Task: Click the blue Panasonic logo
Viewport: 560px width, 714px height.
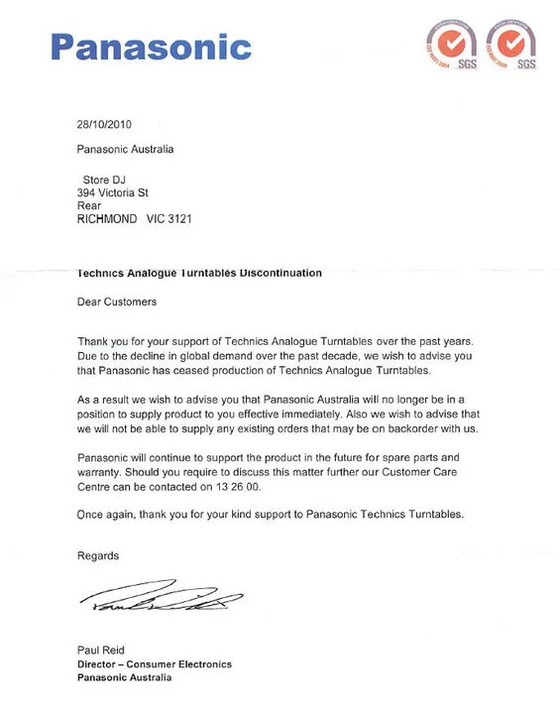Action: (151, 46)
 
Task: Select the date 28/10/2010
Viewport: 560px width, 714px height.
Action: (104, 125)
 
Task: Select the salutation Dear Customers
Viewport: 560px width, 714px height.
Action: (117, 300)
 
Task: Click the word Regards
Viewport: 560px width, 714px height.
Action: (98, 556)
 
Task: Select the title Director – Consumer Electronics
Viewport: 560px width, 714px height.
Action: (155, 663)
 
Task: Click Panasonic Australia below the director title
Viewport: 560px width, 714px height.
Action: (125, 677)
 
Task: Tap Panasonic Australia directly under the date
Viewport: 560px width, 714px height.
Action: (125, 150)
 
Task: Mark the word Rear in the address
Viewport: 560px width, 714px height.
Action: (88, 205)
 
